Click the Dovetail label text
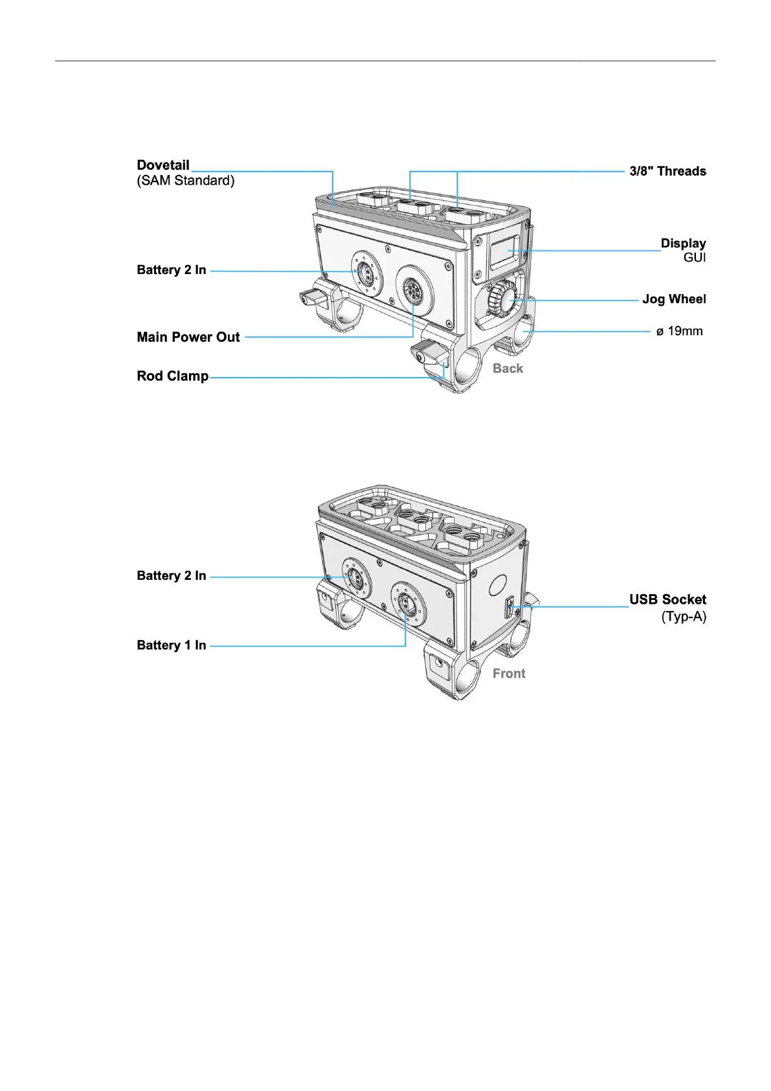163,165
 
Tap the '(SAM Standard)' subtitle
186,181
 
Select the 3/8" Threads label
667,172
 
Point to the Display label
683,244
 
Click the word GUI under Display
695,258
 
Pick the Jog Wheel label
674,299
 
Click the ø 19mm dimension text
679,332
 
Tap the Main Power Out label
188,337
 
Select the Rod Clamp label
173,376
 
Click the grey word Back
508,369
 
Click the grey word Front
509,674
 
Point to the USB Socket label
667,600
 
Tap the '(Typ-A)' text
684,617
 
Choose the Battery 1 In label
172,645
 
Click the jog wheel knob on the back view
503,299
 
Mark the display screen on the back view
506,252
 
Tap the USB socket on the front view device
509,608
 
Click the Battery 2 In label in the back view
172,270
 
